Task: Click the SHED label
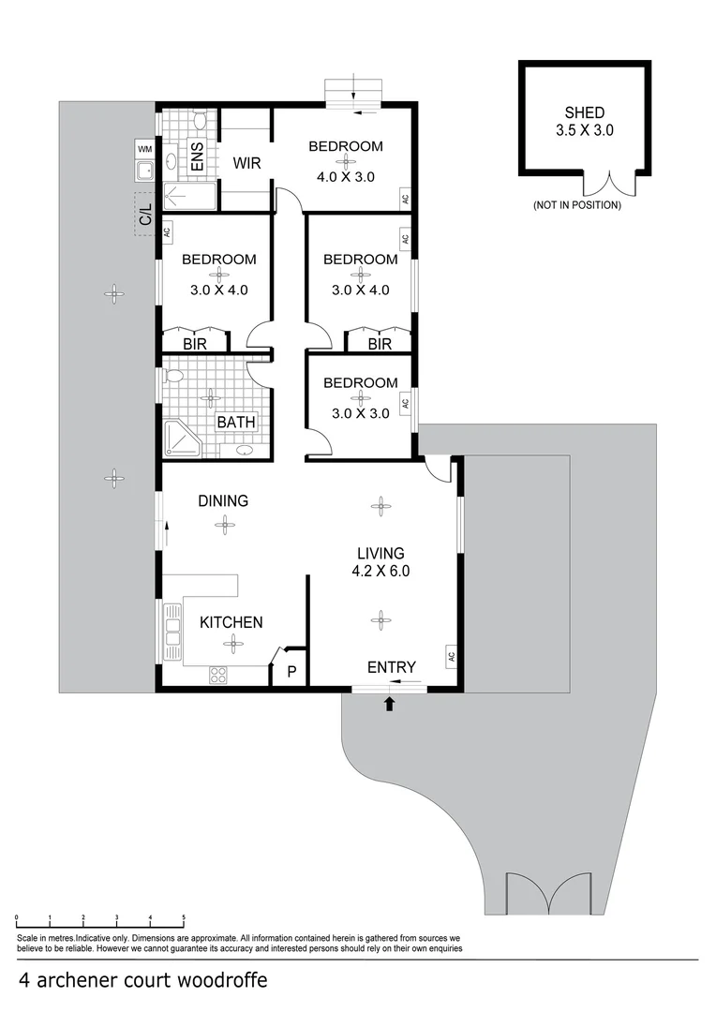584,113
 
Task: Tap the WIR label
246,163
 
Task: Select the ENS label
198,156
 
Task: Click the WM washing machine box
144,149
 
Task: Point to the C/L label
145,214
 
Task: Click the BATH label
236,423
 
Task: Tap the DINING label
223,501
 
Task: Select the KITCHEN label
231,622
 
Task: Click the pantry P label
291,672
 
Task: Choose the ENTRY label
392,667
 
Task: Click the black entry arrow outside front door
390,704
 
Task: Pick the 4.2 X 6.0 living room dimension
380,570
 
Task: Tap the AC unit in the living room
451,656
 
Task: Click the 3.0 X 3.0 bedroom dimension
360,413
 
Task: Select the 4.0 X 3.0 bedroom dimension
346,175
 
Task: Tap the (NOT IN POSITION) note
576,204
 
